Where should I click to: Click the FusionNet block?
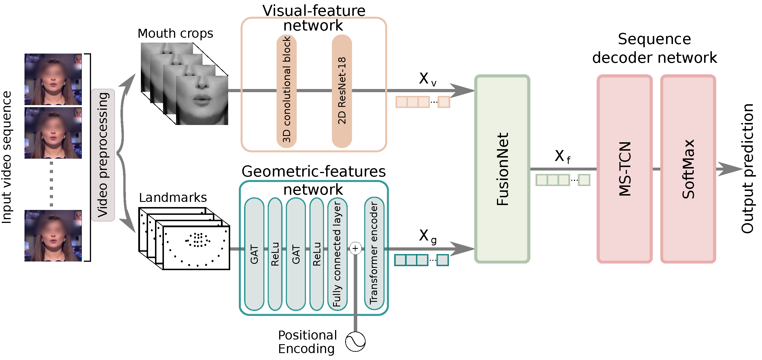(502, 169)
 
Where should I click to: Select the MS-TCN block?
(625, 169)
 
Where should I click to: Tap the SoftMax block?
(688, 169)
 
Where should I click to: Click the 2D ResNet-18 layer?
(342, 91)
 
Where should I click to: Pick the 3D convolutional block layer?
(287, 91)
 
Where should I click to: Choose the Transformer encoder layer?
(374, 253)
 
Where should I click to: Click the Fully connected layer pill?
(337, 254)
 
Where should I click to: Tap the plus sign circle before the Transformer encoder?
(355, 249)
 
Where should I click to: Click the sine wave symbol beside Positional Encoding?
(355, 342)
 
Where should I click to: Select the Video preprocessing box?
(103, 155)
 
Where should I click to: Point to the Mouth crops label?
(175, 34)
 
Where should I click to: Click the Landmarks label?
(173, 197)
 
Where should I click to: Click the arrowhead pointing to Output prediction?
(730, 169)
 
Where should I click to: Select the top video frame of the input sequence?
(53, 79)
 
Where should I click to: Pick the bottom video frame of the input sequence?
(53, 236)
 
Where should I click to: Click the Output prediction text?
(747, 168)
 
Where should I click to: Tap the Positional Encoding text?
(307, 342)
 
